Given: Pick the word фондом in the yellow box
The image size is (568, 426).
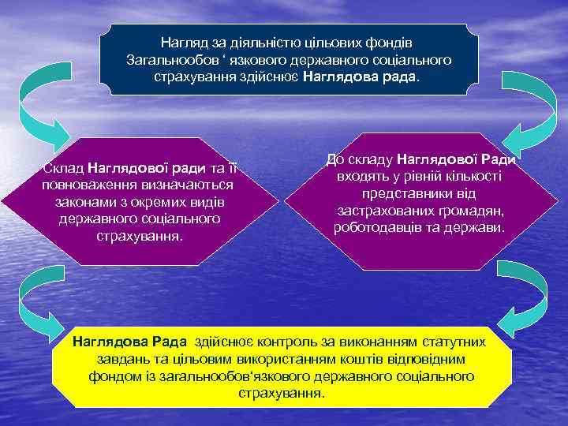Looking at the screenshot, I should pos(114,376).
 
